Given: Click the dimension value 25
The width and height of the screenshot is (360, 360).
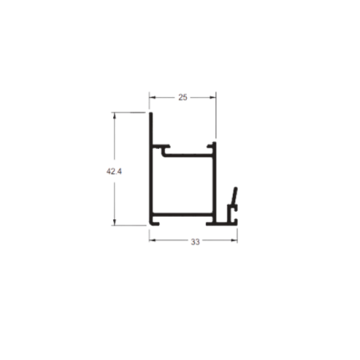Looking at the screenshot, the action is (x=183, y=97).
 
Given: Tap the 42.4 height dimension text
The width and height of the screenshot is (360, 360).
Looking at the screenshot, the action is (x=114, y=172).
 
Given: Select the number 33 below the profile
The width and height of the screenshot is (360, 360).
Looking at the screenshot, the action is (x=195, y=242).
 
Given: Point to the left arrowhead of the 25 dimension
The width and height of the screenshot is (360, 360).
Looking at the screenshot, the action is (x=152, y=97).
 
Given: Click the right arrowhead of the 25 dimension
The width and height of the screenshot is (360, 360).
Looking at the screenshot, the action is (x=213, y=97).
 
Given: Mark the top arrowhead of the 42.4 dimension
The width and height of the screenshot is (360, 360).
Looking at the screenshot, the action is (x=114, y=116).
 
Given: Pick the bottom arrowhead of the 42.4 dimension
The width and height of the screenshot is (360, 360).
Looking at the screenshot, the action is (x=114, y=222).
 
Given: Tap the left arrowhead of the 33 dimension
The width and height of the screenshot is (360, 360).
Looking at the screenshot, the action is (x=152, y=240).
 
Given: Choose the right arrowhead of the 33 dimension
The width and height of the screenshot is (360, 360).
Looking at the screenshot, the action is (x=234, y=240).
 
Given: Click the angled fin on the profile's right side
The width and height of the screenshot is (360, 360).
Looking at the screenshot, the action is (x=234, y=196).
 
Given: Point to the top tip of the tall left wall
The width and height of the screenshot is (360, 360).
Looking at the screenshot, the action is (x=151, y=113).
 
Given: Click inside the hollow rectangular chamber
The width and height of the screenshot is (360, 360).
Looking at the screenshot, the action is (x=183, y=185).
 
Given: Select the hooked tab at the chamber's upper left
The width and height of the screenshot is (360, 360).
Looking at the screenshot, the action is (x=165, y=149).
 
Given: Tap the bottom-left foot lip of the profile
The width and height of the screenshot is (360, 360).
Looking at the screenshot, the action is (x=154, y=224).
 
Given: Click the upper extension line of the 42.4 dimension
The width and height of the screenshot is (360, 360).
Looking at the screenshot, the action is (x=128, y=112).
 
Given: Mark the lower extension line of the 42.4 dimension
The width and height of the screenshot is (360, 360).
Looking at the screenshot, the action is (x=129, y=225).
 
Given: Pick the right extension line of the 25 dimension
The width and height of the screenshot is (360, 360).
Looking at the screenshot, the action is (x=216, y=115).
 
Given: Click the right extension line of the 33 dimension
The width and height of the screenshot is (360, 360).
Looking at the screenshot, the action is (x=237, y=236).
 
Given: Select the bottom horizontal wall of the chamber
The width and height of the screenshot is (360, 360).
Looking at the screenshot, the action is (x=183, y=215).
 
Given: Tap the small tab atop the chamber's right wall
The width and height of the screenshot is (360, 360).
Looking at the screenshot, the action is (x=212, y=146).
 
